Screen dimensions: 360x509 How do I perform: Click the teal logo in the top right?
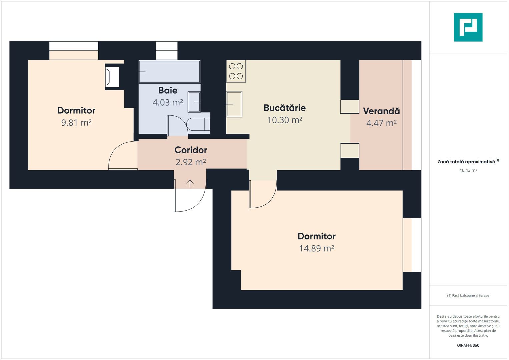pos(468,27)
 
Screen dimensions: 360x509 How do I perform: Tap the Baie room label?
pos(168,90)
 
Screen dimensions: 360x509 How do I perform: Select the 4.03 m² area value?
pos(168,102)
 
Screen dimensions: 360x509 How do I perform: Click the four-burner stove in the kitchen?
pos(236,71)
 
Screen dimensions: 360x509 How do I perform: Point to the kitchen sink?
pos(234,104)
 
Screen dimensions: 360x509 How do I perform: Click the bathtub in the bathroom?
pos(169,72)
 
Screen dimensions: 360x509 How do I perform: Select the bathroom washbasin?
pos(194,102)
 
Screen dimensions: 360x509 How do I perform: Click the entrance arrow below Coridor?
pos(190,183)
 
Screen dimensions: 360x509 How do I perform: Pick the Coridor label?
pos(191,150)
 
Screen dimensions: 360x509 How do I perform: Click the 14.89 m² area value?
pos(316,248)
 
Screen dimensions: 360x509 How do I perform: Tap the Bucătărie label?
pos(284,108)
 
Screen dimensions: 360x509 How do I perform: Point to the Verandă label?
pos(381,111)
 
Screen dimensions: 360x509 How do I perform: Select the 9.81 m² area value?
pos(76,123)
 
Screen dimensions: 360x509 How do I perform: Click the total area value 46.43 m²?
pos(468,170)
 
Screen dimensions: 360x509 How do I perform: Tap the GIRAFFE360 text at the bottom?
pos(468,345)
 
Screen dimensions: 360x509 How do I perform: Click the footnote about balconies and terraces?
pos(468,295)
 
